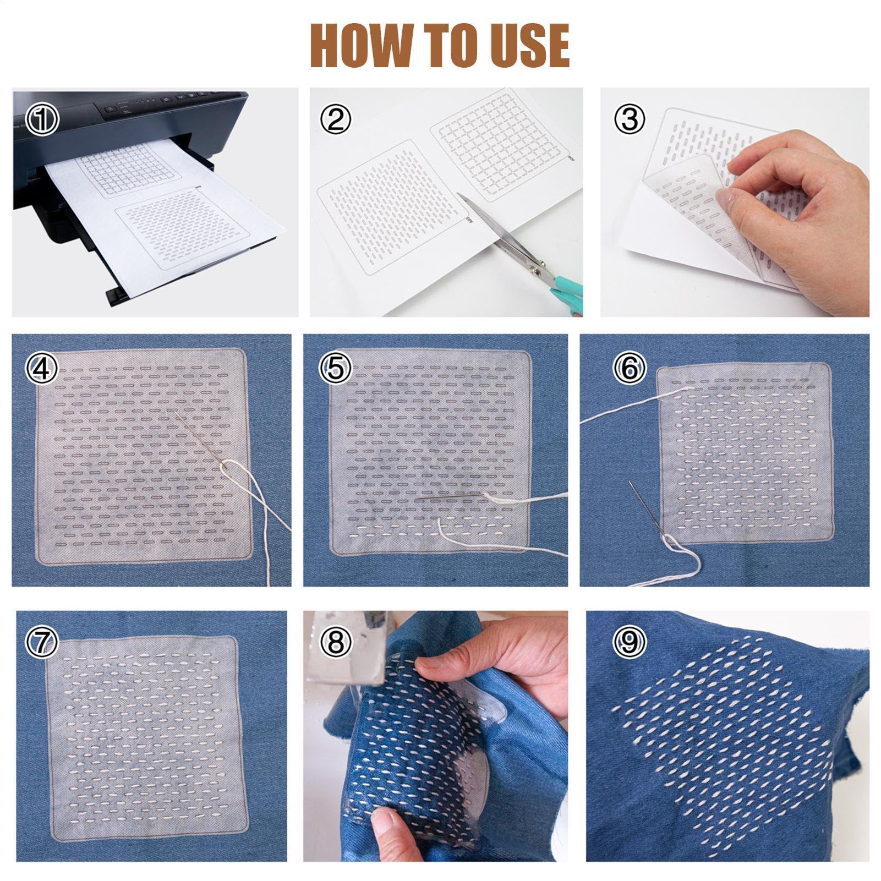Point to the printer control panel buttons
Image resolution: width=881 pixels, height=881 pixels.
[x=165, y=102]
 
